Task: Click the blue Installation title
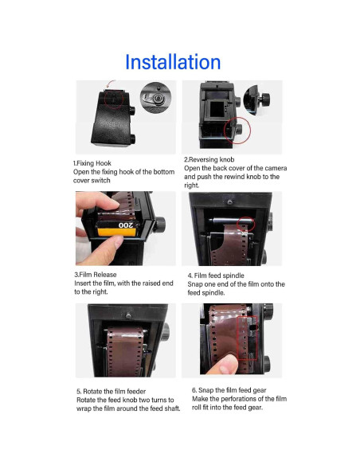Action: pos(173,62)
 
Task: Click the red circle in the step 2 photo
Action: pos(238,130)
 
